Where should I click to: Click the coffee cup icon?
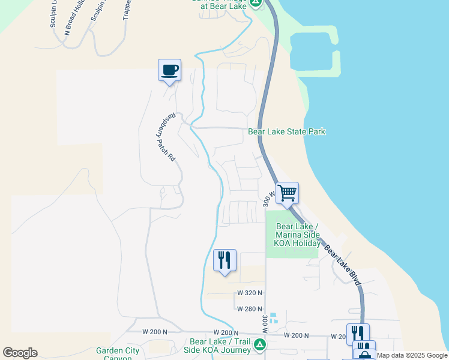coord(169,70)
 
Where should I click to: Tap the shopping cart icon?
coord(288,193)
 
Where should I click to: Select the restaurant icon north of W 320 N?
coord(224,260)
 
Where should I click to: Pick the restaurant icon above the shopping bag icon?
coord(358,334)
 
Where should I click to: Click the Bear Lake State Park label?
coord(287,131)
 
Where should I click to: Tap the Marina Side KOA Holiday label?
coord(297,235)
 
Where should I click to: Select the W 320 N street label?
coord(249,293)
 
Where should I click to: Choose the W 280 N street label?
coord(249,309)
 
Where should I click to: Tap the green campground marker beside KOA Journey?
coord(260,345)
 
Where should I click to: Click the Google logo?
coord(20,353)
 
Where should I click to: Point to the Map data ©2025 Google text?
coord(412,355)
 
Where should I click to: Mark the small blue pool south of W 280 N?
coord(274,317)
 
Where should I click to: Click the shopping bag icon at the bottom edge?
coord(364,355)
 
